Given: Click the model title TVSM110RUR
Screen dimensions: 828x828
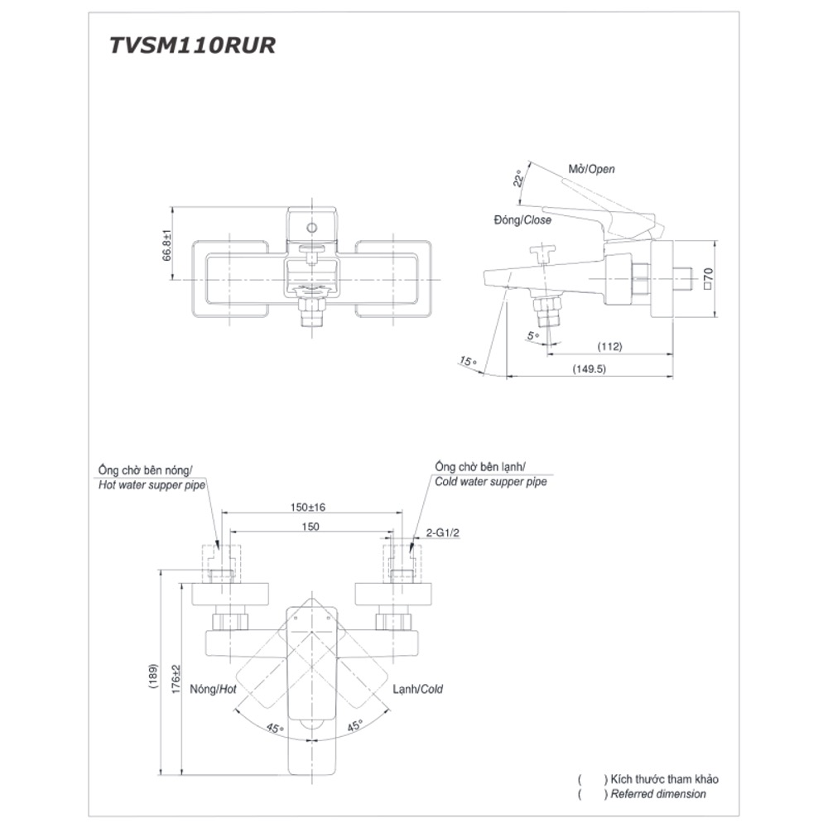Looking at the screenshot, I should (192, 46).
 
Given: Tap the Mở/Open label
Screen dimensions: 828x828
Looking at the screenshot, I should (591, 169).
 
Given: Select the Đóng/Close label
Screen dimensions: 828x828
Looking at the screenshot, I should (521, 220).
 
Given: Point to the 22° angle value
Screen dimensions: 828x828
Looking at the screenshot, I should (518, 180).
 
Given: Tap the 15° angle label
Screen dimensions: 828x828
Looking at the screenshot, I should (469, 361).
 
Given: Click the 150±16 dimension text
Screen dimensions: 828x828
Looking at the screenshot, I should (308, 507).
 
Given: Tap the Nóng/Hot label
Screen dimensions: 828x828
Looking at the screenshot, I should (214, 689).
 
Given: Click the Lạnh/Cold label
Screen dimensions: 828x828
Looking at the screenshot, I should (418, 689).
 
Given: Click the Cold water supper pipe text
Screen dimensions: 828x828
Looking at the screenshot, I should (490, 482).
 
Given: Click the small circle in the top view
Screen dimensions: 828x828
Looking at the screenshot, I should (312, 227).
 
